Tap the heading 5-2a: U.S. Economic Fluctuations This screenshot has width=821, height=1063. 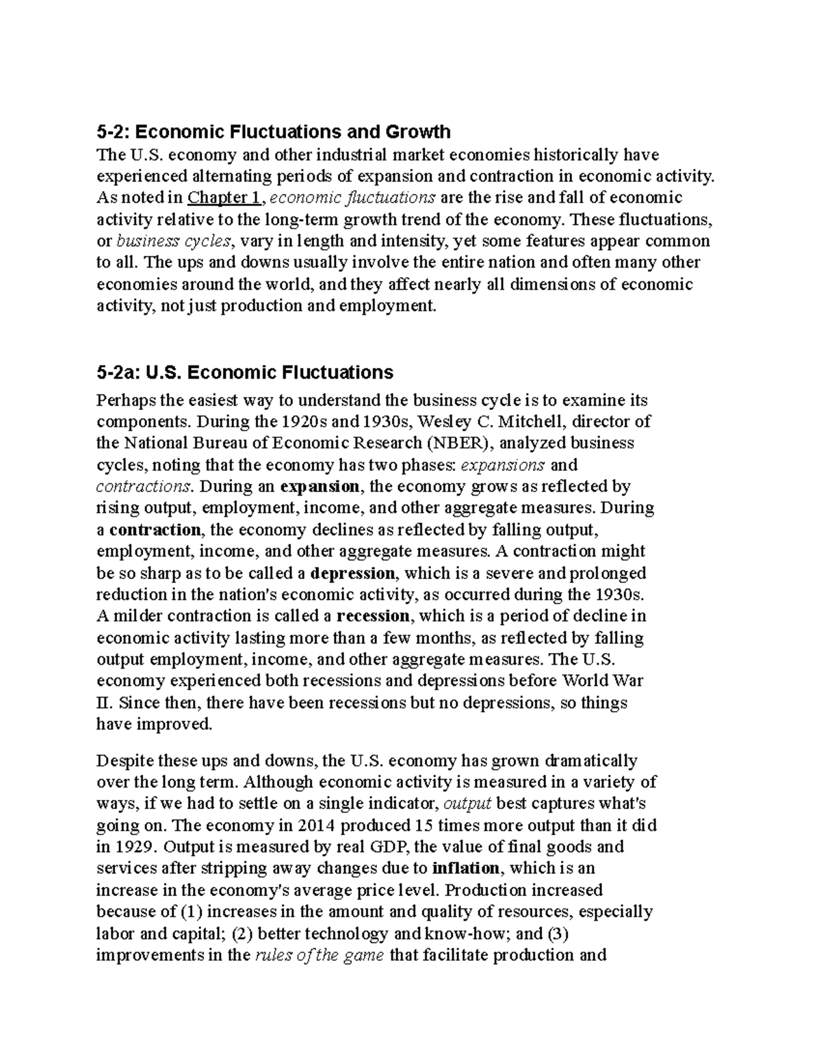245,372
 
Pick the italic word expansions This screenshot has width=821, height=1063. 504,465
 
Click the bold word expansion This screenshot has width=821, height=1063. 320,487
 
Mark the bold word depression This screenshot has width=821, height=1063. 352,573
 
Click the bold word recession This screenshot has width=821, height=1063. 373,616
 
